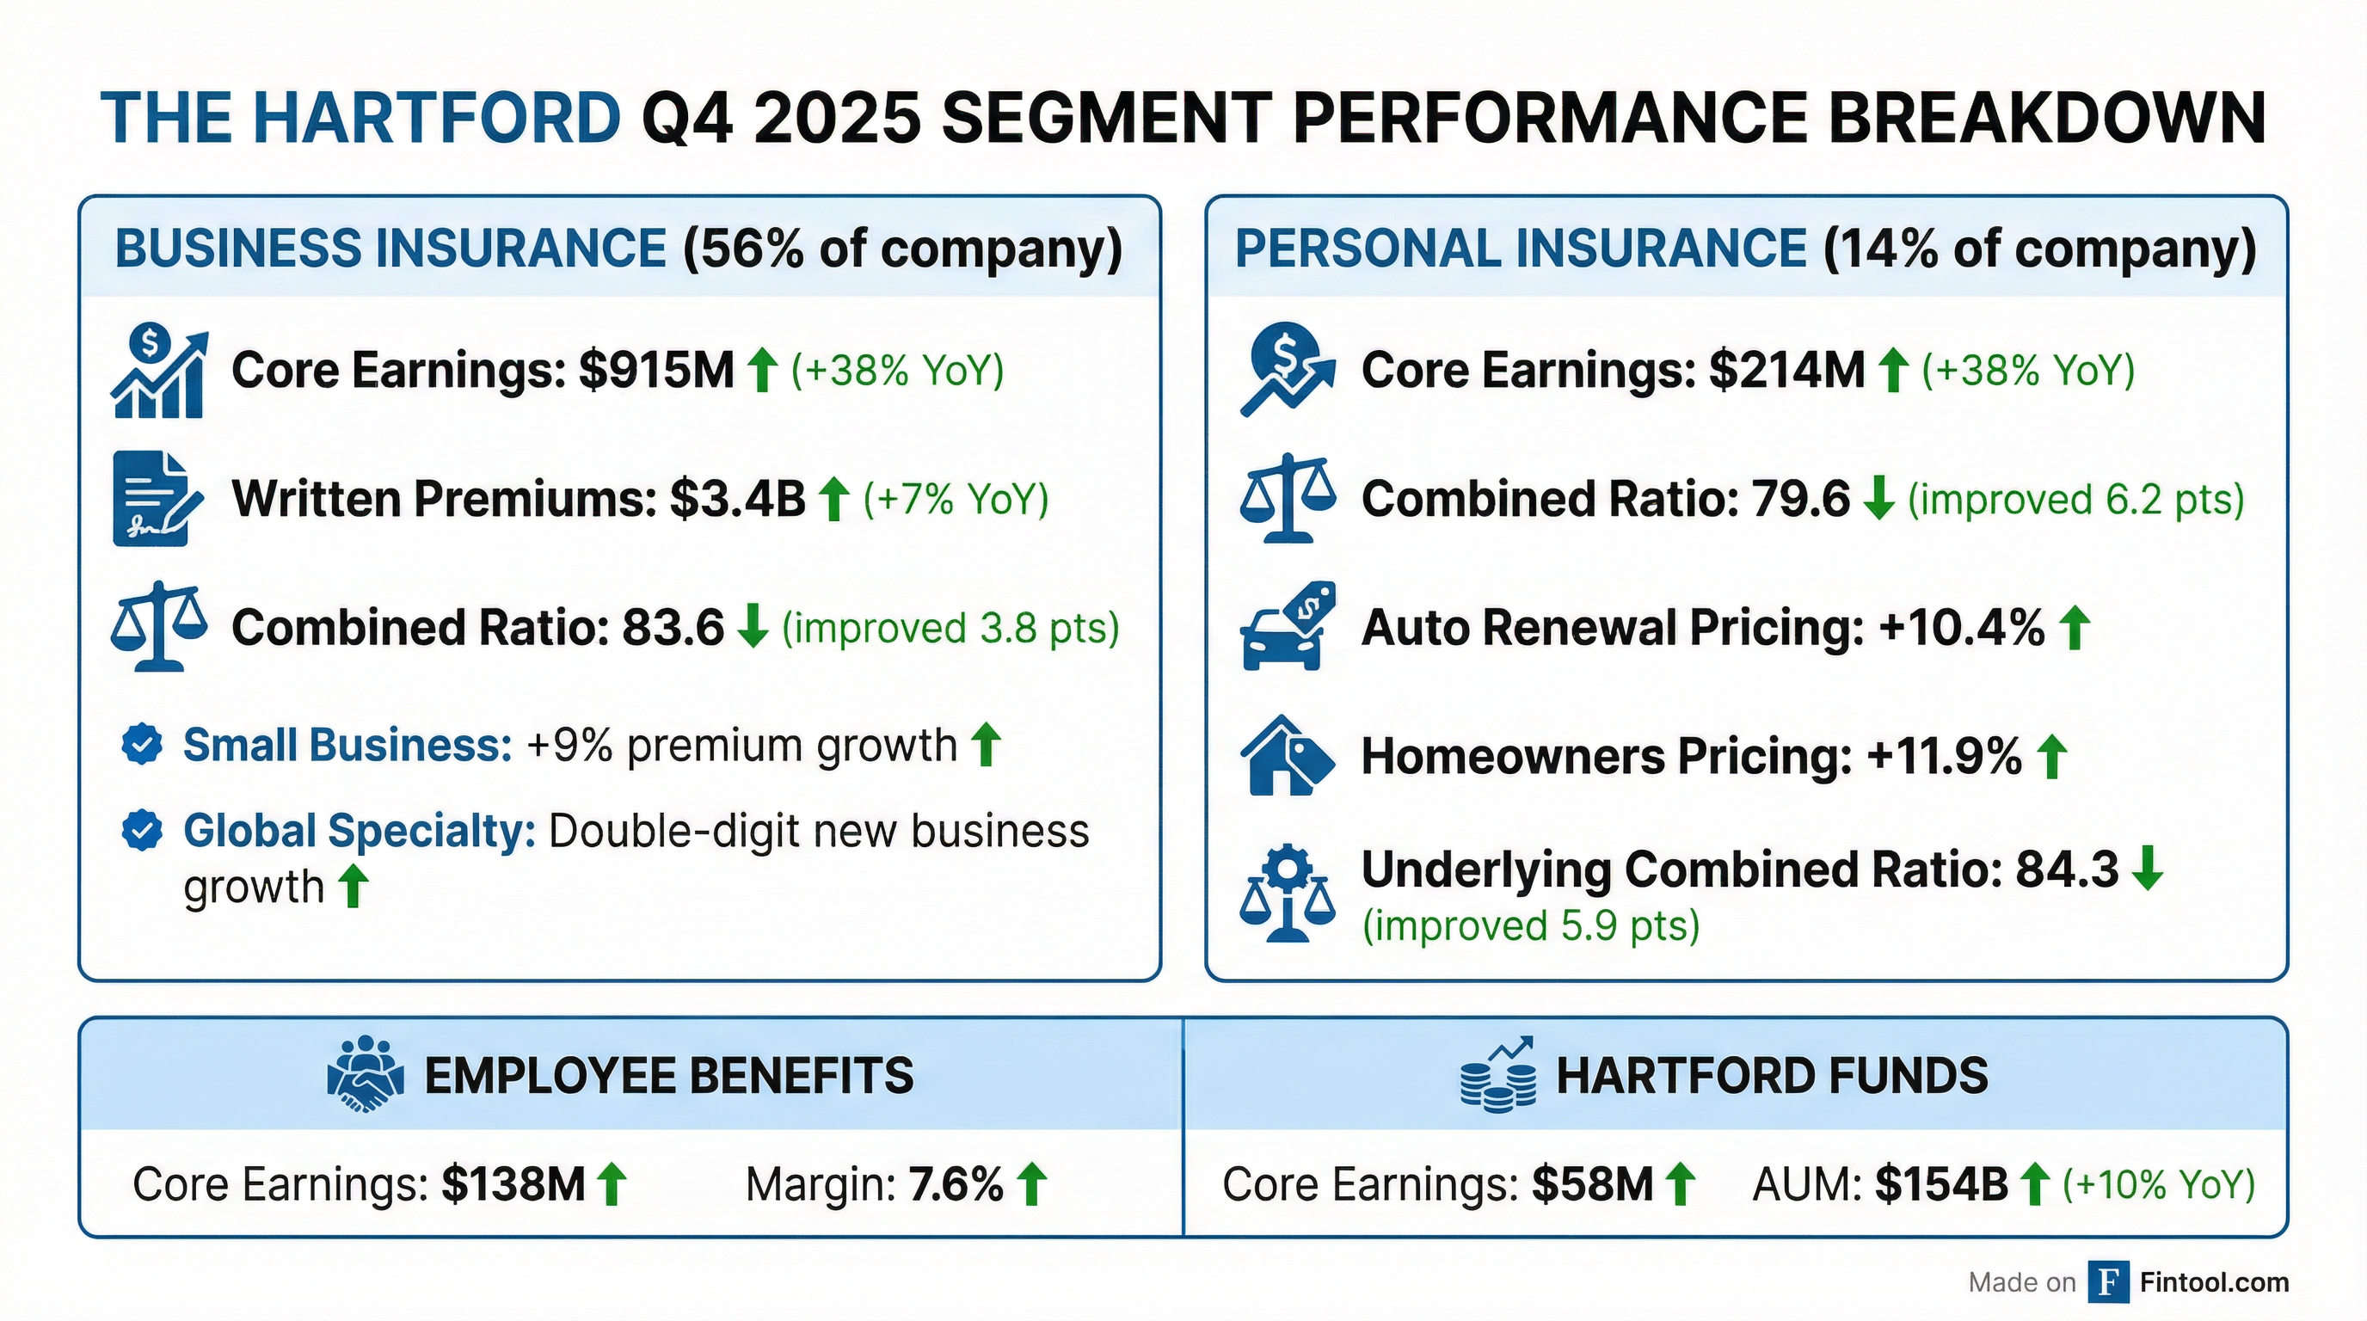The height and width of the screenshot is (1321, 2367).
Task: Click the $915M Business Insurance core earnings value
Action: click(x=656, y=370)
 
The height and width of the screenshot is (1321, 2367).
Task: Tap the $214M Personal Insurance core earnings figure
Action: click(x=1786, y=370)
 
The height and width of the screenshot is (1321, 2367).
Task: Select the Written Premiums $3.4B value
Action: click(x=737, y=499)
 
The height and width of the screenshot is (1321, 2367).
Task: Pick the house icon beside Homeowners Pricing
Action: click(x=1286, y=755)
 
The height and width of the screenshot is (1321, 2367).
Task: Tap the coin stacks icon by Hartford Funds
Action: click(x=1497, y=1077)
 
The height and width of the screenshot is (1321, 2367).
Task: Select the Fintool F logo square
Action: click(x=2108, y=1281)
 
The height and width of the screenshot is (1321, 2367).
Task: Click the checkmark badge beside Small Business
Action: click(x=143, y=744)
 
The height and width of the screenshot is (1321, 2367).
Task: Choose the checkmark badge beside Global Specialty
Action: click(x=143, y=831)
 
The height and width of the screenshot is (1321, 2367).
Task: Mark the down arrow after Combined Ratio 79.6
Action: click(x=1878, y=499)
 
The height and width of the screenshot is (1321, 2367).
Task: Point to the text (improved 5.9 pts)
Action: click(x=1530, y=925)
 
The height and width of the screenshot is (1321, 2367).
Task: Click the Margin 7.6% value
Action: click(x=956, y=1184)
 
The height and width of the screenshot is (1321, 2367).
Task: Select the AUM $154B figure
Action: click(x=1940, y=1184)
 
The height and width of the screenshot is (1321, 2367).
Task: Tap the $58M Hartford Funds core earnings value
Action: click(x=1591, y=1184)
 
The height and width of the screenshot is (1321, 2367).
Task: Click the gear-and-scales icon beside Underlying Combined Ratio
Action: click(x=1286, y=893)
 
